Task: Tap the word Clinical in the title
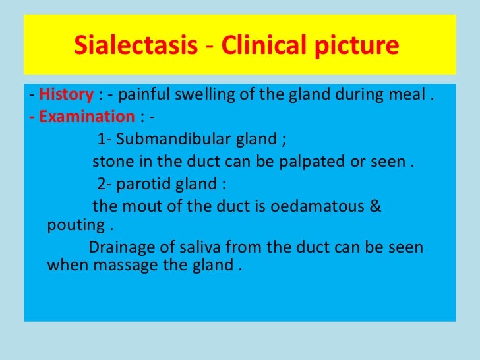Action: (253, 46)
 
